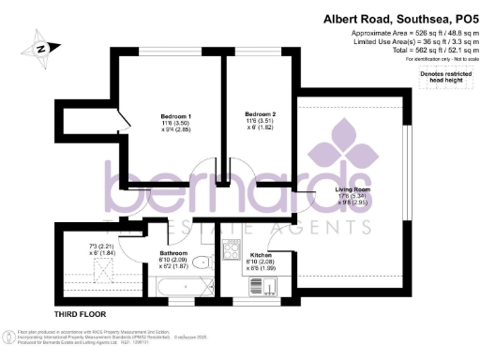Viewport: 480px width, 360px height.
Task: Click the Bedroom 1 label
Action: [175, 115]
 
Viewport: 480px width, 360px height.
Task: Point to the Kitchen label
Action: [260, 254]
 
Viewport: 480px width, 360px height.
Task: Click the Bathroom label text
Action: [174, 253]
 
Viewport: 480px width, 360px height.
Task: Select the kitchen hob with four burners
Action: [232, 249]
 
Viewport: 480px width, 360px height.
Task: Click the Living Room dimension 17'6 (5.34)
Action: [353, 197]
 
